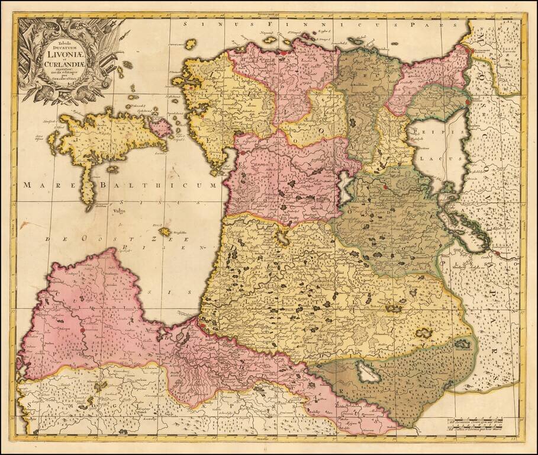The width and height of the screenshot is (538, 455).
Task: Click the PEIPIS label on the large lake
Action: point(436,133)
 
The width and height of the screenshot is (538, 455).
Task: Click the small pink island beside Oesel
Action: point(160,126)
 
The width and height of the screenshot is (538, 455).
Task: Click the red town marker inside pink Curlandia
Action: point(83,330)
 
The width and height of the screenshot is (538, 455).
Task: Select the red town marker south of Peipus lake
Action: point(385,187)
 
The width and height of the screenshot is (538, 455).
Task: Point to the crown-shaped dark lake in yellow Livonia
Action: point(392,308)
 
